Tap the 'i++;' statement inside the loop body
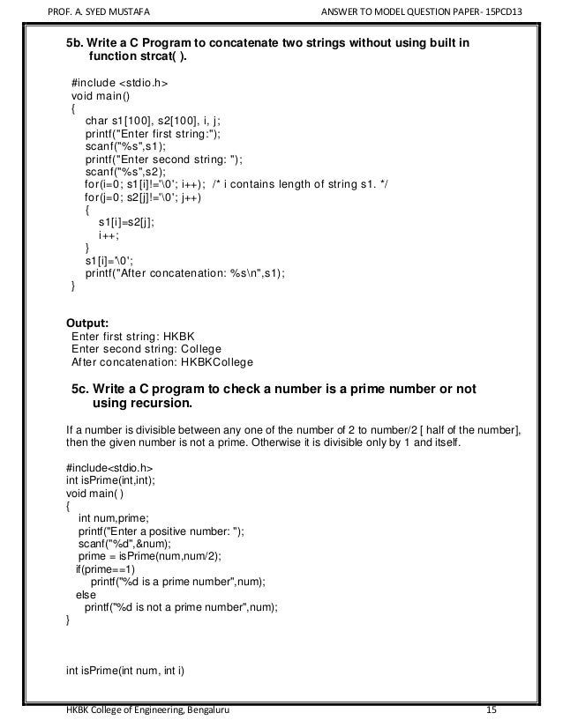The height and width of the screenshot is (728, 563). (x=109, y=235)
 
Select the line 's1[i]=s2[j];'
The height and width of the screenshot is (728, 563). (x=126, y=222)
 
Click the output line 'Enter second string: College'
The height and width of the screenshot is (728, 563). (x=146, y=348)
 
